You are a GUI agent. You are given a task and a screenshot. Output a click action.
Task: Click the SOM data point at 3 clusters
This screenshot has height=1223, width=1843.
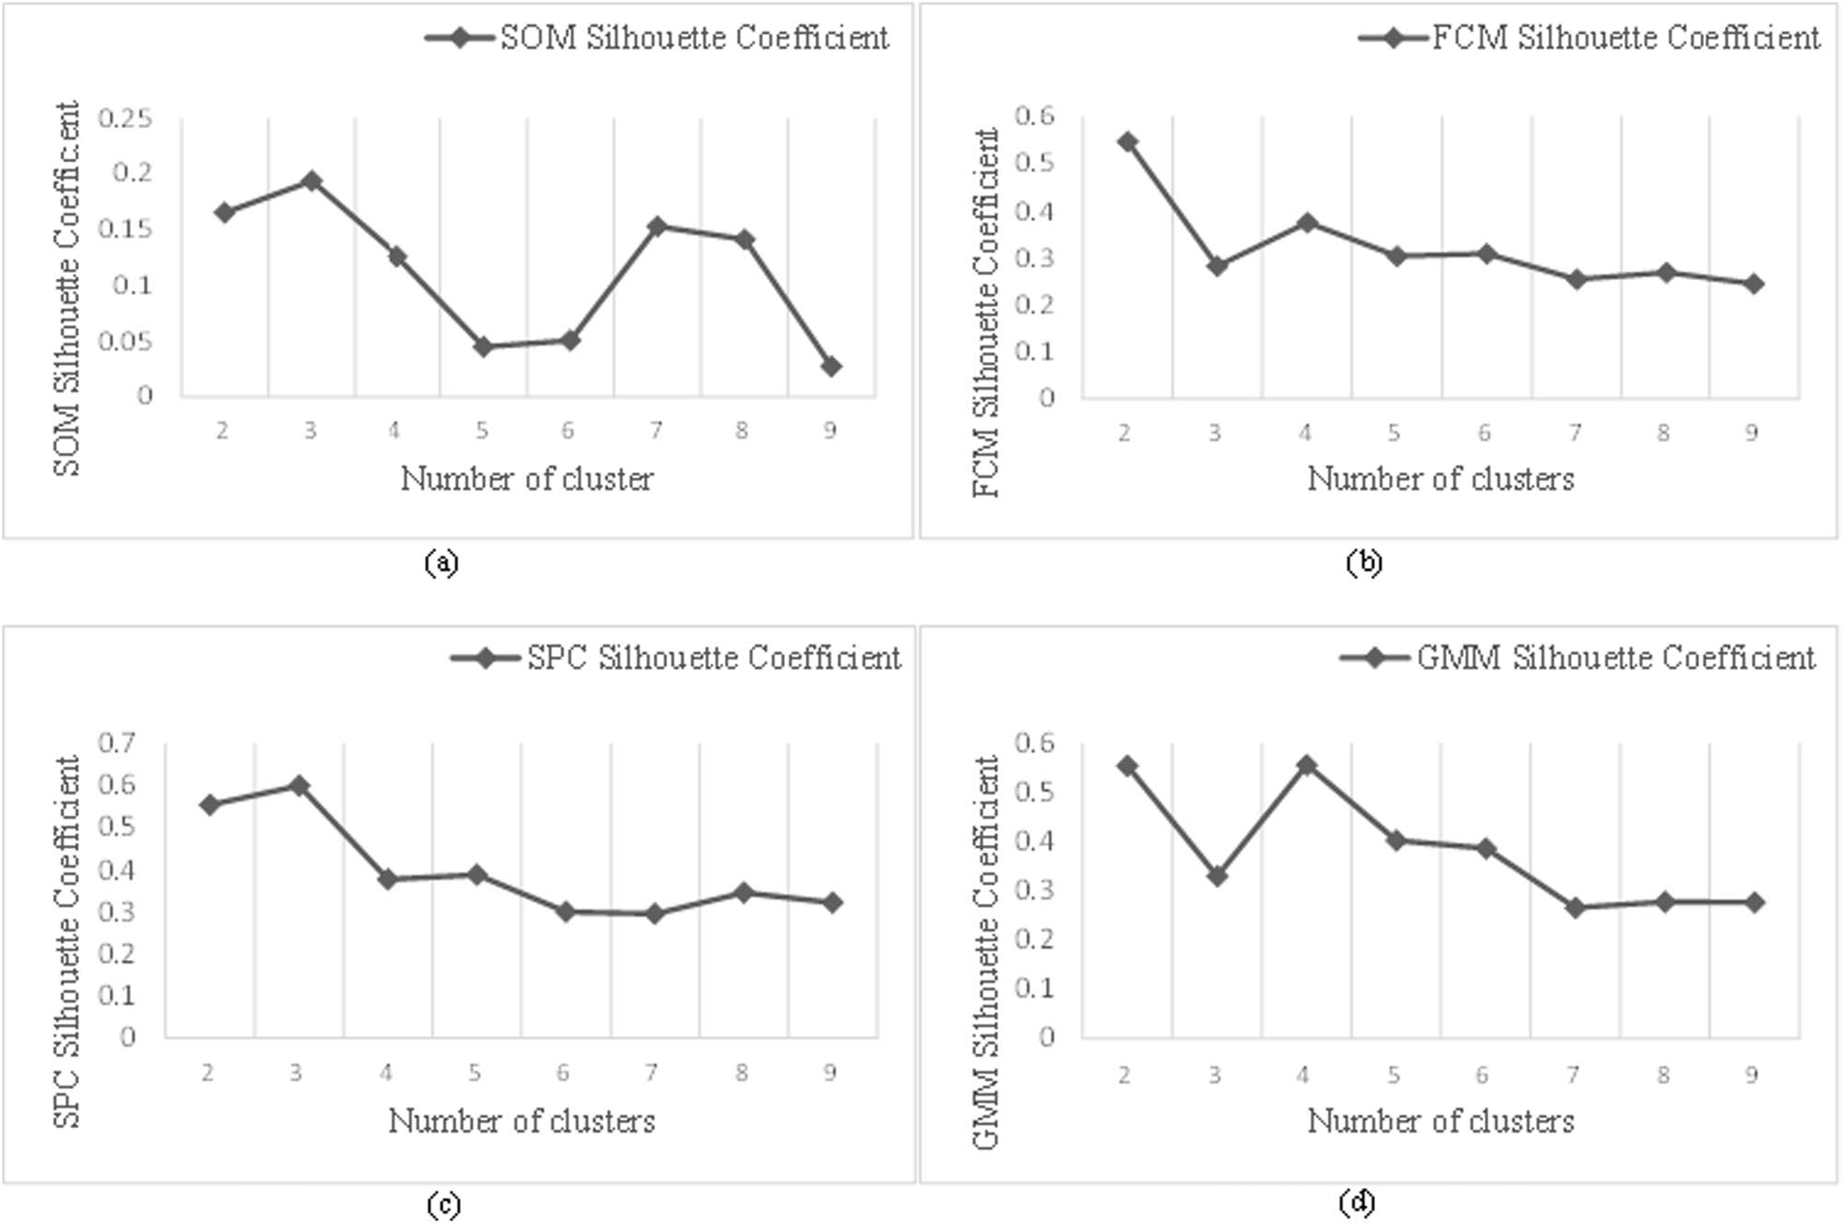click(x=311, y=181)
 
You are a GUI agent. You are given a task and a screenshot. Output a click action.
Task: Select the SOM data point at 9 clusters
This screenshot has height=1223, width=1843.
click(x=830, y=366)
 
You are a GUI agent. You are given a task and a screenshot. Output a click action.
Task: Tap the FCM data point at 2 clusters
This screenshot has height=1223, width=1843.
click(x=1127, y=142)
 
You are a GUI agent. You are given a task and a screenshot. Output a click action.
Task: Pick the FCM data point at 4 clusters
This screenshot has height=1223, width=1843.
click(x=1307, y=223)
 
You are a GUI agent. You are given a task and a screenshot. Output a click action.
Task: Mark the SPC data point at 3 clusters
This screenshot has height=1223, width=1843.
click(x=299, y=785)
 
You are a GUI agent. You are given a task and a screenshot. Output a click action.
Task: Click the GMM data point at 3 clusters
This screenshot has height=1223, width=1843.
click(x=1216, y=876)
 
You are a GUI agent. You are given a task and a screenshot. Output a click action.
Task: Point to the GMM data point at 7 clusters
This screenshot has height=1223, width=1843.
click(x=1575, y=908)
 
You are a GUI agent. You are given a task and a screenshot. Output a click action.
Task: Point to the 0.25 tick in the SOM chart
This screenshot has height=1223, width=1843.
click(x=125, y=118)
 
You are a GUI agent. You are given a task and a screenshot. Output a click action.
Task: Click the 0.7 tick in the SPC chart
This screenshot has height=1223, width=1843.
click(x=116, y=742)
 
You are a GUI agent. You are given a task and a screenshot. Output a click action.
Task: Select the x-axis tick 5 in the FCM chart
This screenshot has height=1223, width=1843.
click(x=1394, y=432)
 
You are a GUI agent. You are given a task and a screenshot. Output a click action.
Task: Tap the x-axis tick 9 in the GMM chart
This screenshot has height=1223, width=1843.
click(x=1752, y=1075)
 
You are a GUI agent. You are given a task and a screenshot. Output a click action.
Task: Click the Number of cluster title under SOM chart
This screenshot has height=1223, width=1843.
click(x=526, y=479)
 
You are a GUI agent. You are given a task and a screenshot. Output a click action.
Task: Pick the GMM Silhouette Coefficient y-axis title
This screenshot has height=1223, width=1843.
click(x=986, y=952)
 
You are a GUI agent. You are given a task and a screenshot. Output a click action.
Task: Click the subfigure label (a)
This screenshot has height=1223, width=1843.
click(x=441, y=562)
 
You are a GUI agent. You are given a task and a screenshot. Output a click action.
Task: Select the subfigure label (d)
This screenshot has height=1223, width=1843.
click(x=1356, y=1202)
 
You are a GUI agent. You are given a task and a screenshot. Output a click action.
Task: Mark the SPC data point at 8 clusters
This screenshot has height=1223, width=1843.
click(x=743, y=892)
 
